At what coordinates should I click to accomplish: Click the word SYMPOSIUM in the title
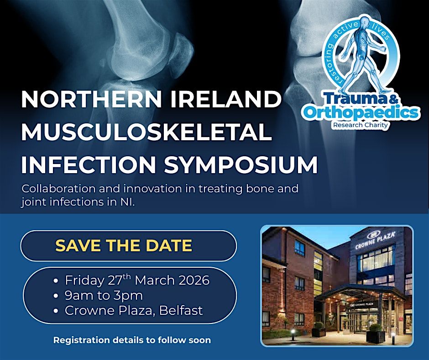coord(241,164)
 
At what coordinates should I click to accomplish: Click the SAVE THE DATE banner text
coord(124,246)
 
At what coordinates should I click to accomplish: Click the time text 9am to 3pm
coord(104,296)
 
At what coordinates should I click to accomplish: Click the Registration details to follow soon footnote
coord(132,340)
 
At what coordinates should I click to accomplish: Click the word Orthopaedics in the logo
coord(361,112)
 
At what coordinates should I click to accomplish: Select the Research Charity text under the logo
coord(361,124)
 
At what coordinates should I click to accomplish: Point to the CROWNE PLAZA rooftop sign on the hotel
coord(376,240)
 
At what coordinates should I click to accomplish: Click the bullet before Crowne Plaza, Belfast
coord(56,311)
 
